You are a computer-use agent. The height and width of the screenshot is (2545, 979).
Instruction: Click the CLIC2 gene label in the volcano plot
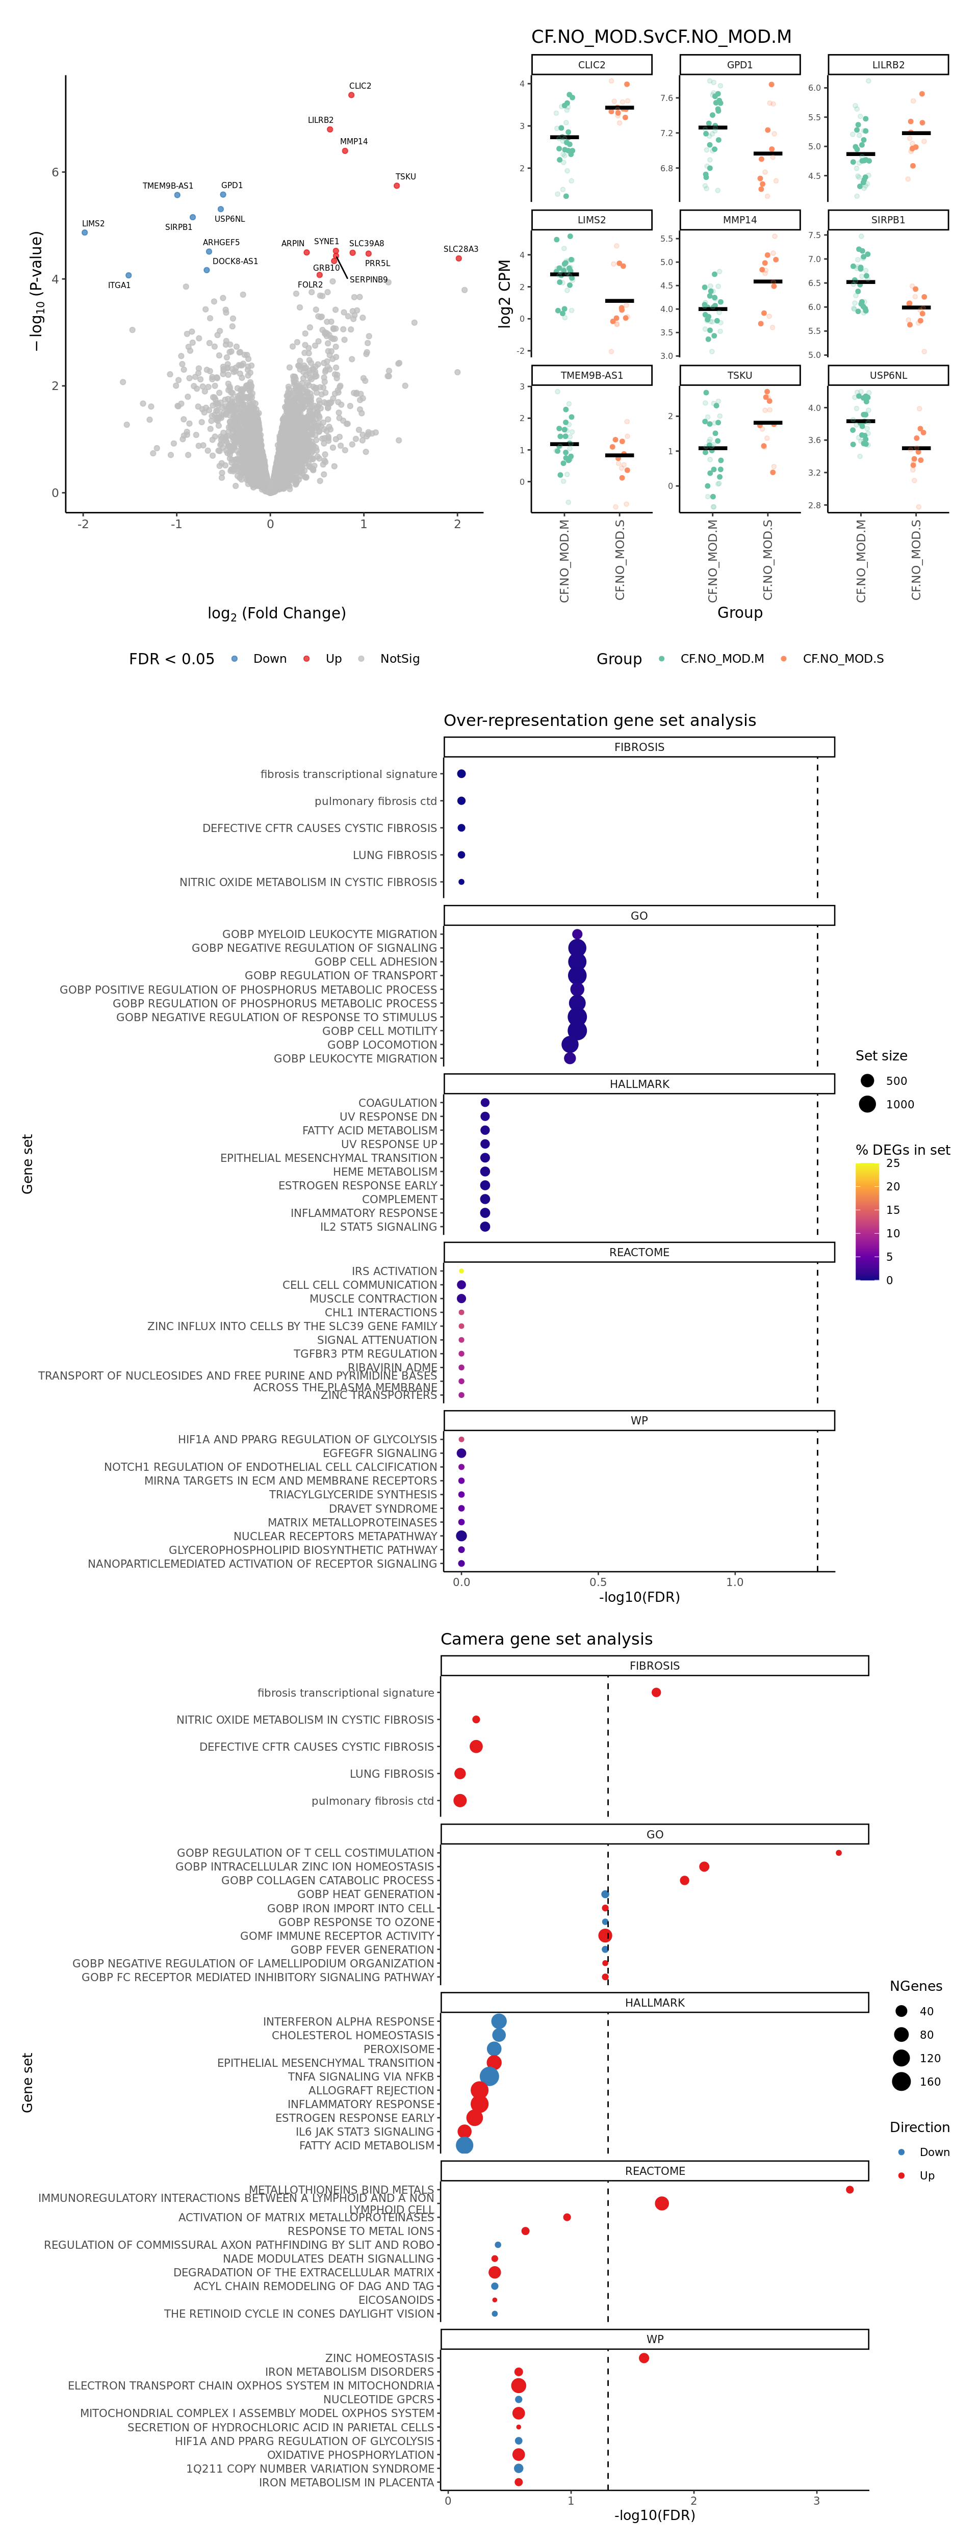359,86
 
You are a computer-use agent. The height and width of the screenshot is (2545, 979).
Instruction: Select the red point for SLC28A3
458,259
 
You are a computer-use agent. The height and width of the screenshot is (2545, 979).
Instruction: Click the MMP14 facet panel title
739,220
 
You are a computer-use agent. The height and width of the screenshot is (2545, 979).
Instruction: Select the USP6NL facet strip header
887,375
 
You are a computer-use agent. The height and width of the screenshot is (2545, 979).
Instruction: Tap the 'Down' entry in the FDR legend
269,659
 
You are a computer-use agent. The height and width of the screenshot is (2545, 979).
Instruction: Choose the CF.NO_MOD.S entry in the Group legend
842,659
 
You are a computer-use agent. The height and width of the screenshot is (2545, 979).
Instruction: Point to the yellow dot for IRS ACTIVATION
461,1271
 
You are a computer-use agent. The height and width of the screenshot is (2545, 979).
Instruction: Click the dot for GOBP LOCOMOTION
570,1044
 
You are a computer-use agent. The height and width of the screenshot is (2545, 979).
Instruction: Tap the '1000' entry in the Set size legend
899,1105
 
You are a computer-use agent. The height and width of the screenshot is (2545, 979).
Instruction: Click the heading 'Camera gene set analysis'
546,1639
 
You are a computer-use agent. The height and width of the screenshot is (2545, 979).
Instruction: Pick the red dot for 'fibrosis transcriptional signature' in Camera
656,1693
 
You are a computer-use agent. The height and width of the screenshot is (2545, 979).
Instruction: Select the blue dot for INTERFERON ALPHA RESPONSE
499,2021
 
